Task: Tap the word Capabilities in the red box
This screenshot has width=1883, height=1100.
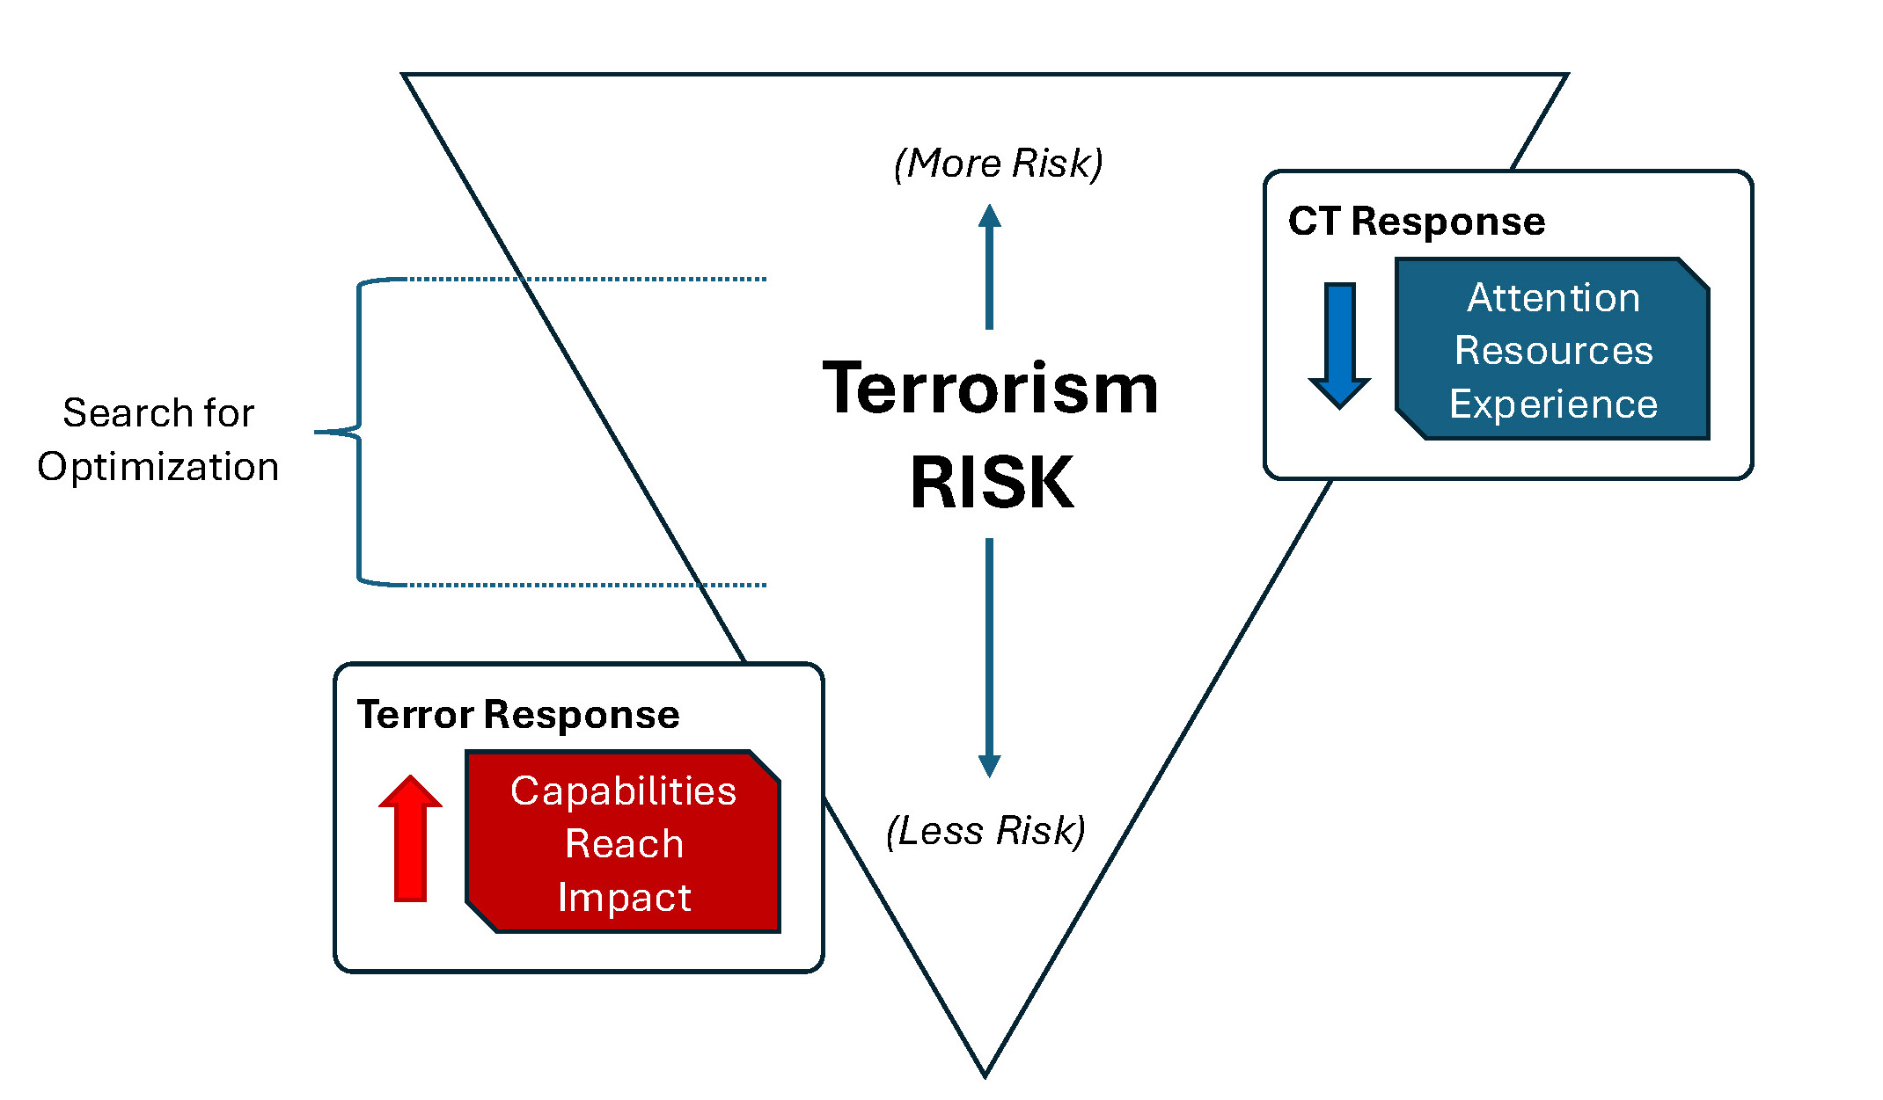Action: pos(623,790)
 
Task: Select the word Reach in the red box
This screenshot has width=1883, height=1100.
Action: pos(624,843)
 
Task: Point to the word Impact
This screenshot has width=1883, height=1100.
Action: pos(624,897)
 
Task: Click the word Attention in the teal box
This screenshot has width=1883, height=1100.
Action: pos(1553,297)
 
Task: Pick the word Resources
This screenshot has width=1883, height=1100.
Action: pos(1553,350)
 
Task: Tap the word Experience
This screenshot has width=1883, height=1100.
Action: pos(1553,404)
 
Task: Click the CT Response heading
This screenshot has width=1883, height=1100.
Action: pos(1416,221)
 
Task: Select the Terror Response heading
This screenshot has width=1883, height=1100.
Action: pos(517,714)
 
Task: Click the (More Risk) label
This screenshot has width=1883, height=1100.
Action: pos(998,164)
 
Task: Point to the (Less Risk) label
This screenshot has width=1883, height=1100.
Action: pos(985,831)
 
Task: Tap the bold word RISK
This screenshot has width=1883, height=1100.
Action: pos(992,482)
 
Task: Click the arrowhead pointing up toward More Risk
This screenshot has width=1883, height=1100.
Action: pos(990,216)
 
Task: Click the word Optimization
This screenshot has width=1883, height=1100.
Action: pos(158,466)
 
